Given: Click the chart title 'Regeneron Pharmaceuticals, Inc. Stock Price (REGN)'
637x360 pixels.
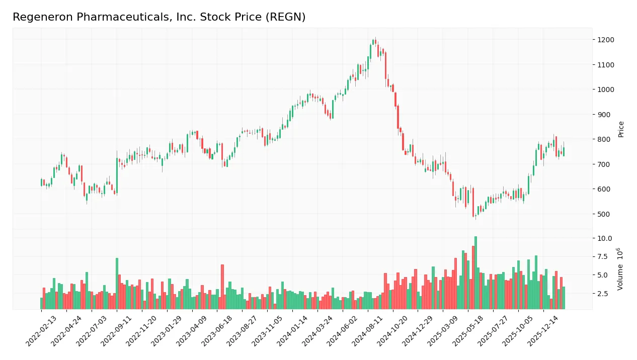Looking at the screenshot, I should [x=159, y=17].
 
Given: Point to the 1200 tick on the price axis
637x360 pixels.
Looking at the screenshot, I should [x=606, y=40].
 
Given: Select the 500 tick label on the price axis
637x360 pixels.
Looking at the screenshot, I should [x=604, y=214].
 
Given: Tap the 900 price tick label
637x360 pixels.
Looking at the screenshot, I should [x=604, y=115].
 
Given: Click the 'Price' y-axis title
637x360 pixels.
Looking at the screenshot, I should [x=621, y=129].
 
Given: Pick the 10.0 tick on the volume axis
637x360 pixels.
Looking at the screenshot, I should [x=605, y=238].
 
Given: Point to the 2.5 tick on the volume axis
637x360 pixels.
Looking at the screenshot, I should [x=603, y=294].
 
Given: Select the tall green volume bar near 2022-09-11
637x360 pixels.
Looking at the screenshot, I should [x=117, y=284].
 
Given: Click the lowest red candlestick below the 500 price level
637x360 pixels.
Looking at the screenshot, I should [x=473, y=209].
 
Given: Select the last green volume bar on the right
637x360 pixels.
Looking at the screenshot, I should [x=564, y=298].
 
